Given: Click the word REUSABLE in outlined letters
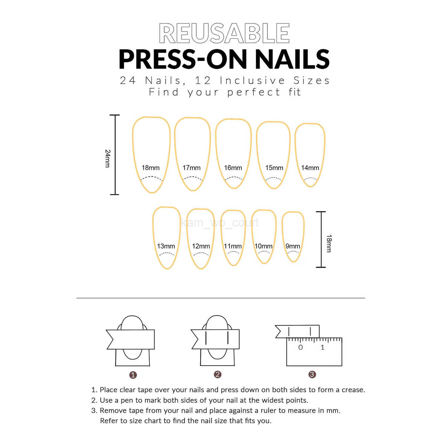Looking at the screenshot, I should click(224, 33).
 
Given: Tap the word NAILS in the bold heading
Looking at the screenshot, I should click(292, 59).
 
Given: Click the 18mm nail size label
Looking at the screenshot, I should click(150, 168).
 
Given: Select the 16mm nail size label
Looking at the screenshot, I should click(233, 168).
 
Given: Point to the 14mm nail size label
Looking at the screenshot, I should click(310, 168).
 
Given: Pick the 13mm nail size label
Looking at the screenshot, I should click(166, 246).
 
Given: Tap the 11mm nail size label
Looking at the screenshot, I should click(233, 246).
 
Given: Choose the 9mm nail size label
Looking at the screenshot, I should click(292, 246).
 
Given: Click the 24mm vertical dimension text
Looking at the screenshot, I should click(107, 158).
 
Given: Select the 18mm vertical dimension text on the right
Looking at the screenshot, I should click(329, 243).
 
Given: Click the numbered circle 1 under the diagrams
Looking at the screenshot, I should click(133, 375).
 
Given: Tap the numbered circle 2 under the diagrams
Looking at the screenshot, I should click(218, 375).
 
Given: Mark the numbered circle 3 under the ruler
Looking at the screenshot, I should click(312, 375).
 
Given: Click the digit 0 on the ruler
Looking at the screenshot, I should click(301, 347).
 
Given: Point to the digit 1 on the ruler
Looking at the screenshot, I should click(322, 347).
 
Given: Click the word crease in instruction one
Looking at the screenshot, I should click(353, 390).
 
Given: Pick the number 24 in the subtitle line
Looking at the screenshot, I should click(128, 80).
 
